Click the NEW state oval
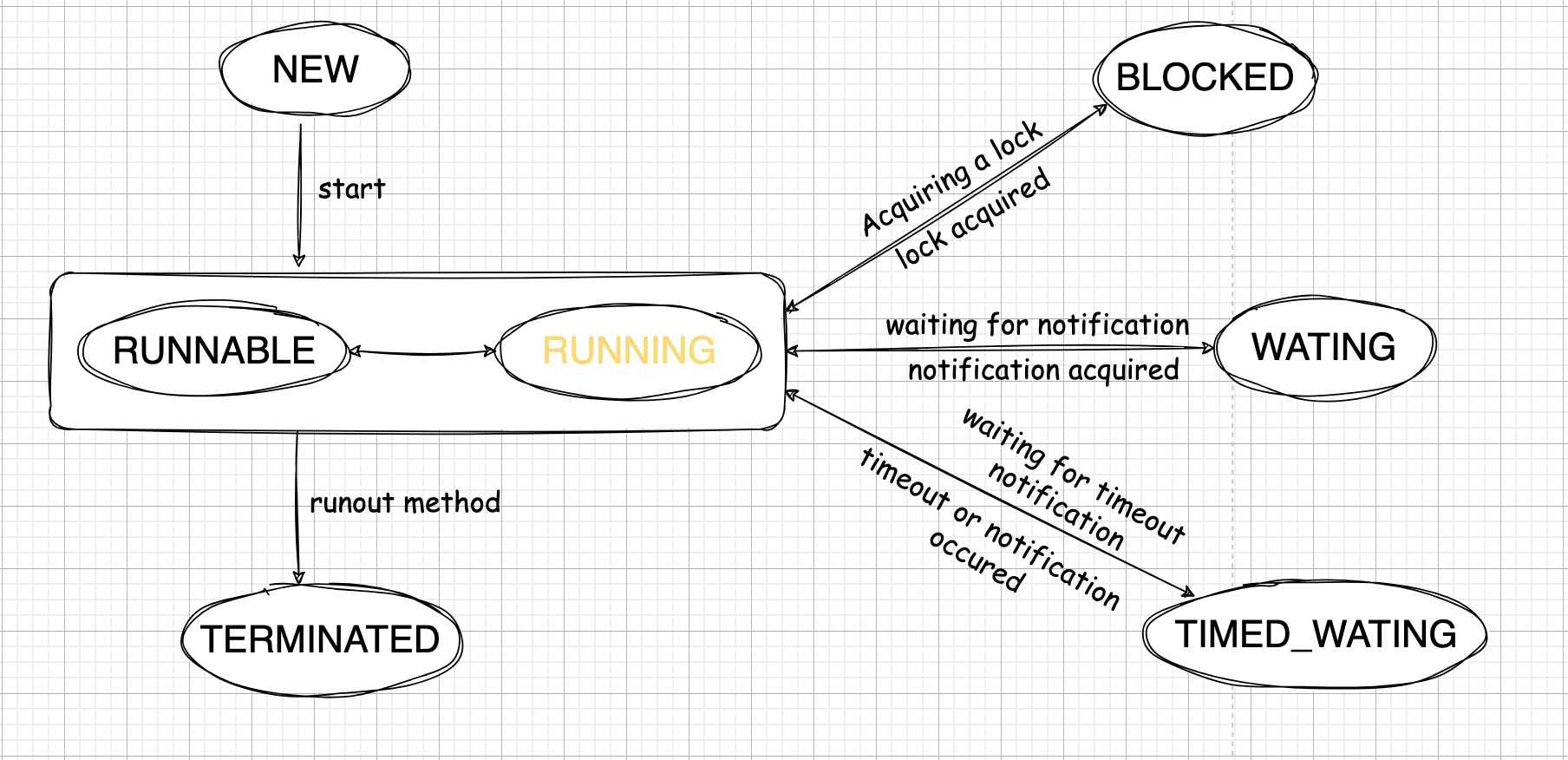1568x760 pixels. click(x=315, y=70)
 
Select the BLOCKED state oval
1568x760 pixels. click(x=1205, y=78)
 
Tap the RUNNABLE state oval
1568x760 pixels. click(x=213, y=351)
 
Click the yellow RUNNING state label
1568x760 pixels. click(x=629, y=351)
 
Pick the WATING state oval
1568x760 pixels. click(x=1323, y=347)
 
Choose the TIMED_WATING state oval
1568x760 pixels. click(x=1315, y=634)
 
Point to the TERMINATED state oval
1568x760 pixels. click(x=321, y=639)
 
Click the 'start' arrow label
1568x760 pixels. click(x=350, y=189)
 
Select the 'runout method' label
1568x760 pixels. click(x=404, y=503)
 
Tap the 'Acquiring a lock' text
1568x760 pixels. click(x=951, y=178)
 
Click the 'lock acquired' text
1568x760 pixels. click(x=973, y=218)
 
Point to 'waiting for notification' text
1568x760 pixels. click(x=1037, y=325)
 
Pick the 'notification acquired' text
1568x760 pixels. click(x=1043, y=370)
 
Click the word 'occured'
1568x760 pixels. click(x=977, y=561)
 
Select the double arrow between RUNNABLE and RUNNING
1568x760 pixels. click(x=422, y=352)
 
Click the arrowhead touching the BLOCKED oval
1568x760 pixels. click(x=1101, y=108)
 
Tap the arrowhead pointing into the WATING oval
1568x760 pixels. click(x=1208, y=348)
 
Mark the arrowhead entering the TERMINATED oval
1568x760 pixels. click(x=299, y=579)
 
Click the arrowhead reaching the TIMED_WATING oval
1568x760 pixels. click(x=1188, y=593)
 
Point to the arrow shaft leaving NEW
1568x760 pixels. click(x=300, y=191)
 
